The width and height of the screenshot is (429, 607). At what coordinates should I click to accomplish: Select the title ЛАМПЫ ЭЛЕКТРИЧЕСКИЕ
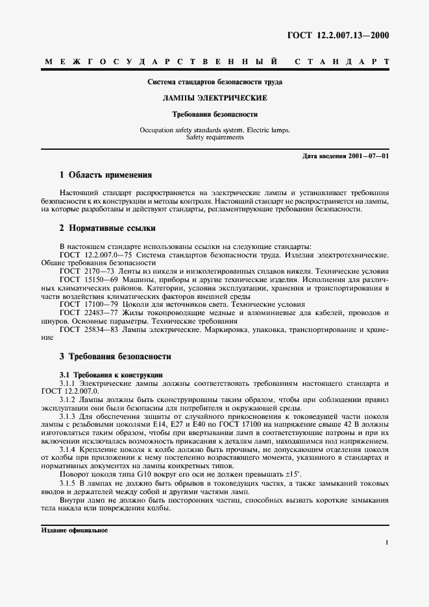coord(214,98)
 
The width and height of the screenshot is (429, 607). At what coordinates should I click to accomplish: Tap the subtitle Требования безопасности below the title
coord(214,114)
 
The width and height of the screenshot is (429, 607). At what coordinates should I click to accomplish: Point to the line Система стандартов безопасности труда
coord(214,82)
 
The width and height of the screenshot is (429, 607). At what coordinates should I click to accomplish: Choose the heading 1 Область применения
coord(105,175)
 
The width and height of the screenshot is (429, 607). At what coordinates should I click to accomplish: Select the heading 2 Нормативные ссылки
coord(107,228)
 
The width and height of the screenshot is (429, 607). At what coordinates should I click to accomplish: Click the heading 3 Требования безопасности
coord(115,356)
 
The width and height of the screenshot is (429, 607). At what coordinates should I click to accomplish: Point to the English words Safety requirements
coord(215,137)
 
